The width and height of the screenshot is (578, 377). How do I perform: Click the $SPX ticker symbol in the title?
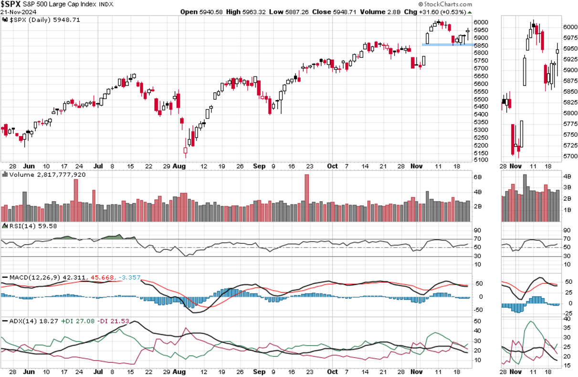11,4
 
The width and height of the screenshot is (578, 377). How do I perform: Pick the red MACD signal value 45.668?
112,278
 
